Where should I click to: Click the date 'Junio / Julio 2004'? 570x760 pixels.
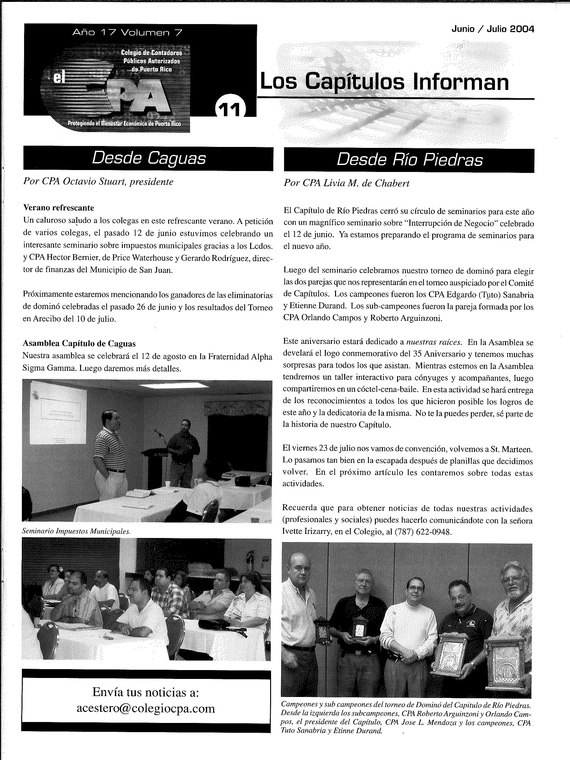pos(493,29)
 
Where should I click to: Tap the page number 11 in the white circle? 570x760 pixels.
pos(230,109)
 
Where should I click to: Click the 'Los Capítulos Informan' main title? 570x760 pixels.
pos(384,82)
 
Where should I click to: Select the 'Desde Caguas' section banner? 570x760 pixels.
pos(149,158)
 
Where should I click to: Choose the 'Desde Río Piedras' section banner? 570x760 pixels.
pos(409,160)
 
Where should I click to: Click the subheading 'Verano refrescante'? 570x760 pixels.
pos(58,207)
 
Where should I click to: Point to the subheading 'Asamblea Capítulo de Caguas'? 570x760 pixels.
pos(79,343)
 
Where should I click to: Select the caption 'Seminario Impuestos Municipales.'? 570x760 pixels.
pos(76,531)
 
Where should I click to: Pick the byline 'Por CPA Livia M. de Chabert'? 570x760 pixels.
pos(346,183)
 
